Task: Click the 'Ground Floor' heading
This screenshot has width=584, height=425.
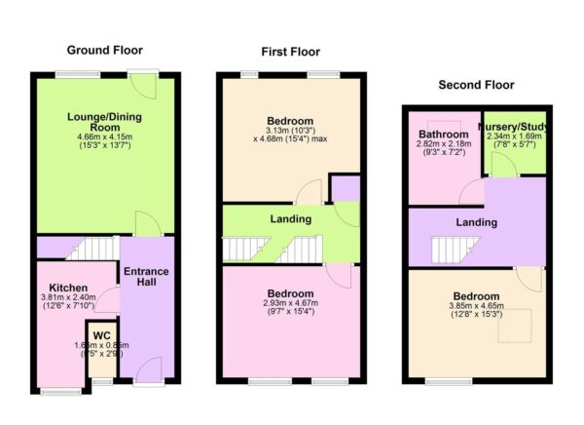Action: (x=104, y=50)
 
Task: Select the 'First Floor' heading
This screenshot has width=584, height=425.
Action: (x=290, y=52)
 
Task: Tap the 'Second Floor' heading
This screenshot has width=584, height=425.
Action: (x=476, y=85)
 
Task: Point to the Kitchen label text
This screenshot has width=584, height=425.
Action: (x=70, y=289)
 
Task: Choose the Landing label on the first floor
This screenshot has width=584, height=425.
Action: (x=290, y=219)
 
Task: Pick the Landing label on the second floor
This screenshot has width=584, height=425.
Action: (x=476, y=222)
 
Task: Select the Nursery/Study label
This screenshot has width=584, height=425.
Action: (x=515, y=126)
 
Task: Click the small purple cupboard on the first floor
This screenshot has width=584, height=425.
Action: (x=344, y=187)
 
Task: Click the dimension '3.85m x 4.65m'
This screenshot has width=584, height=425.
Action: (x=476, y=308)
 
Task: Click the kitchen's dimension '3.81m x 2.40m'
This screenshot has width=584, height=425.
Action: (x=70, y=299)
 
